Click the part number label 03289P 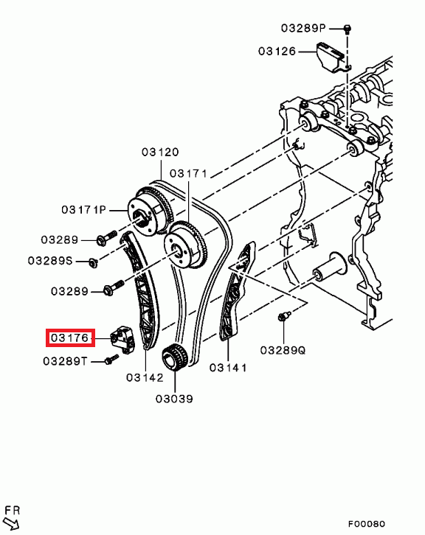click(303, 28)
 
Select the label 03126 click(277, 51)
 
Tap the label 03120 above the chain click(160, 152)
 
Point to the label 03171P click(84, 209)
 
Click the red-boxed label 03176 click(70, 338)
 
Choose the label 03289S click(50, 261)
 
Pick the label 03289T click(65, 361)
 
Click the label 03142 click(145, 377)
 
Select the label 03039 click(174, 399)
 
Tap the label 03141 click(228, 368)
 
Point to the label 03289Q click(283, 350)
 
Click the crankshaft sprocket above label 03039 click(174, 357)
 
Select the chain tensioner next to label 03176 click(122, 339)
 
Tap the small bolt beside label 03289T click(111, 360)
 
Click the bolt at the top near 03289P click(348, 29)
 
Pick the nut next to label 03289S click(92, 263)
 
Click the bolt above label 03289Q click(283, 316)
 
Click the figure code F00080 click(367, 524)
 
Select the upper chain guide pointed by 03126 click(333, 57)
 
